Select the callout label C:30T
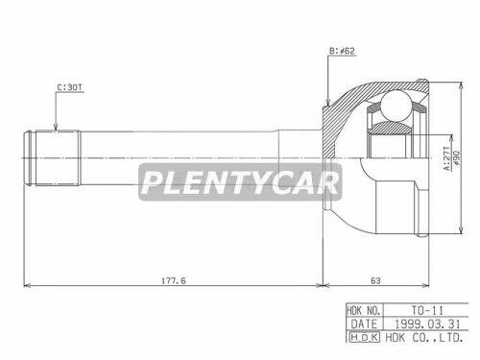pyautogui.click(x=70, y=86)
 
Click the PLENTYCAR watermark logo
pyautogui.click(x=237, y=180)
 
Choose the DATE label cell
pyautogui.click(x=365, y=325)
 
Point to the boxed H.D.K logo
pyautogui.click(x=365, y=339)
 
